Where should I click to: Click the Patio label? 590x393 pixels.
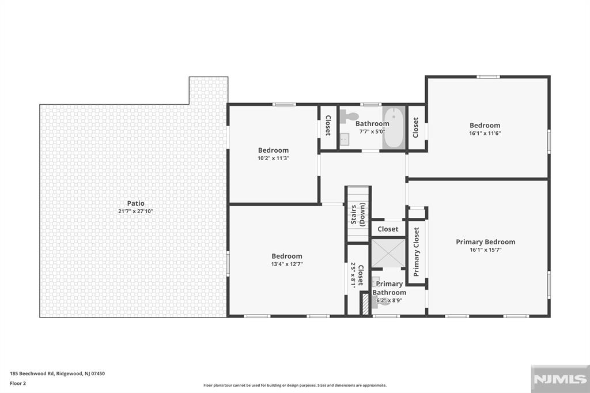tap(136, 203)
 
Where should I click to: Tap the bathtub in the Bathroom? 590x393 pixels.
tap(394, 127)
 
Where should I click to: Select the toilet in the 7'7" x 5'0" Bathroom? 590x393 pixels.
tap(347, 116)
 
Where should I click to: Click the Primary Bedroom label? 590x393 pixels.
tap(485, 242)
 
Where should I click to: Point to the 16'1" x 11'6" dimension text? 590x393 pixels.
tap(485, 134)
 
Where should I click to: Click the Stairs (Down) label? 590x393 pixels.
tap(358, 214)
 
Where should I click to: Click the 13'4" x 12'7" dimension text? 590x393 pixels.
tap(287, 264)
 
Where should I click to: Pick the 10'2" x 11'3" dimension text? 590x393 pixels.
tap(273, 158)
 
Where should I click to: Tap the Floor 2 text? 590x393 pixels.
tap(18, 383)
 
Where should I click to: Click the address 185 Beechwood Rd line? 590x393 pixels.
tap(58, 373)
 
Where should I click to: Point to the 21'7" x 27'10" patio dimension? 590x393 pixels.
tap(136, 211)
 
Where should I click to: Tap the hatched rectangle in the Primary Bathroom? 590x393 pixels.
tap(364, 304)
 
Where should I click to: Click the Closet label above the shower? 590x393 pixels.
tap(388, 229)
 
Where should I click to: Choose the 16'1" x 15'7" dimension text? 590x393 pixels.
tap(485, 250)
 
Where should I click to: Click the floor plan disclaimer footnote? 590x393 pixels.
tap(294, 386)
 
